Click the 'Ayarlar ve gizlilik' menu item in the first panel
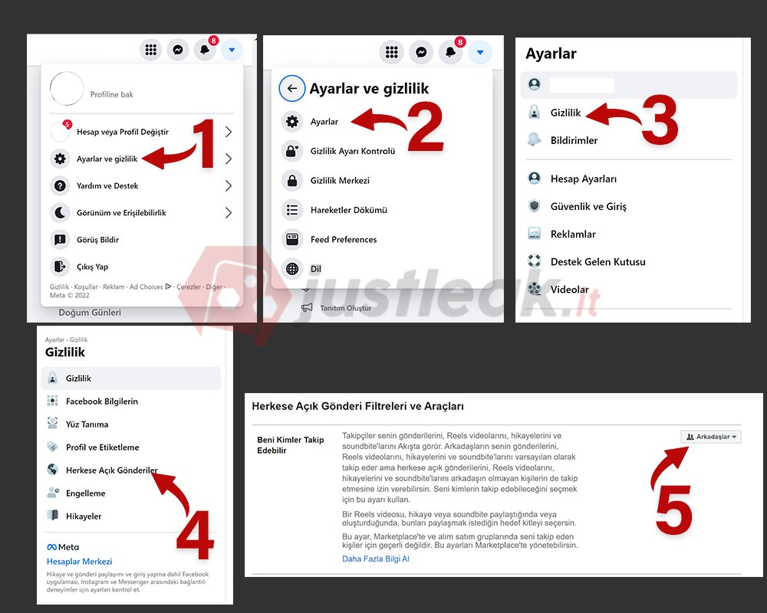tap(107, 159)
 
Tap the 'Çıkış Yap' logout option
tap(93, 267)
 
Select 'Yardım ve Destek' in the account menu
tap(107, 185)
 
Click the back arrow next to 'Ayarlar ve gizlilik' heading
tap(292, 88)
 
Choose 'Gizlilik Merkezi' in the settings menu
tap(340, 181)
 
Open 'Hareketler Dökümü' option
tap(349, 210)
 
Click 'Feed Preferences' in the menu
tap(344, 240)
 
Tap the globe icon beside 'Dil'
tap(292, 269)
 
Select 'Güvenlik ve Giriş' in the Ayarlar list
tap(588, 207)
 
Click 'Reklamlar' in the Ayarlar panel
tap(573, 234)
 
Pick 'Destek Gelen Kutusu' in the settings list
tap(597, 262)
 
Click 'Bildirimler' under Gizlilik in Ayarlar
tap(574, 141)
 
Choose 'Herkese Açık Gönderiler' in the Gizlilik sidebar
tap(111, 470)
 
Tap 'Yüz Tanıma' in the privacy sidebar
tap(87, 425)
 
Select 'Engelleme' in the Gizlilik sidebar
tap(86, 493)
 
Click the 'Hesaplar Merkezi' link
tap(79, 562)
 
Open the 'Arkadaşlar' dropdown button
tap(711, 437)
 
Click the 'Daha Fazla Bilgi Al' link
tap(375, 559)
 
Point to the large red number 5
tap(673, 510)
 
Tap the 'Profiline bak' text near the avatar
tap(111, 94)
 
